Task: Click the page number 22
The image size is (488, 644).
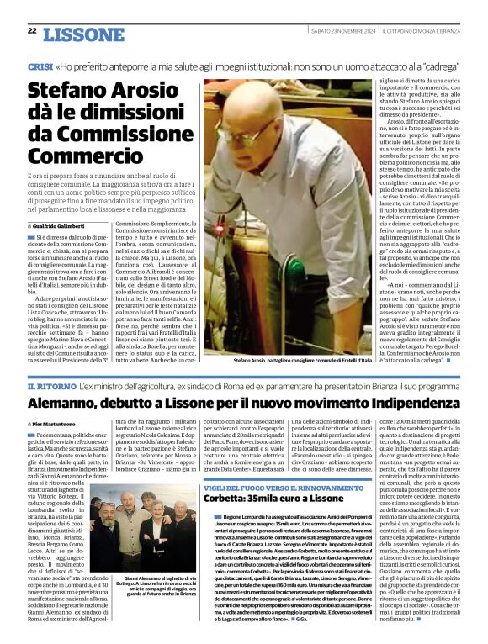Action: [32, 30]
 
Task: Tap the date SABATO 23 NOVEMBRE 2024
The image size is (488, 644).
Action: [333, 31]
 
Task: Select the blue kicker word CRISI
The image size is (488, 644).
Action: [41, 66]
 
